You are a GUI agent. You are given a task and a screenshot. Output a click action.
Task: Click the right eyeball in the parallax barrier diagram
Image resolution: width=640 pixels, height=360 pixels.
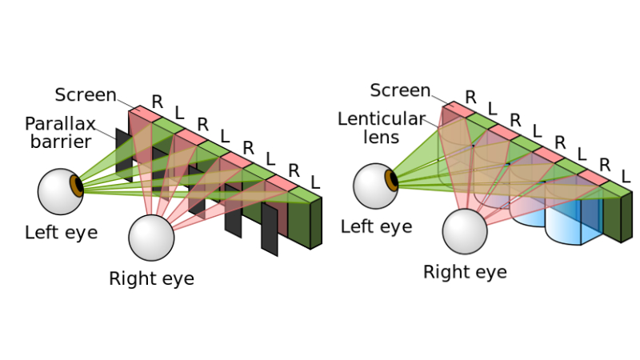pyautogui.click(x=151, y=237)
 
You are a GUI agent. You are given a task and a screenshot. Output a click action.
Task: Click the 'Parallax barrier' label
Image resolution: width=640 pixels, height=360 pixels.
pyautogui.click(x=59, y=133)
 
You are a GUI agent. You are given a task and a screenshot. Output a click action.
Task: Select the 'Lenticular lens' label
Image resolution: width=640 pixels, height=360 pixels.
pyautogui.click(x=381, y=128)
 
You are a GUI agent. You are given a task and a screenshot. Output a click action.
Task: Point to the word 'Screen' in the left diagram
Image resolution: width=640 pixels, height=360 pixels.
pyautogui.click(x=86, y=95)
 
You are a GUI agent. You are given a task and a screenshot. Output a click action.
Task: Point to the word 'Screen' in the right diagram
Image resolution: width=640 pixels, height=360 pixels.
pyautogui.click(x=401, y=90)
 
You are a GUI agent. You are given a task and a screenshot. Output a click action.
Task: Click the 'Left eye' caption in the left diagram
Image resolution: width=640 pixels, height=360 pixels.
pyautogui.click(x=61, y=233)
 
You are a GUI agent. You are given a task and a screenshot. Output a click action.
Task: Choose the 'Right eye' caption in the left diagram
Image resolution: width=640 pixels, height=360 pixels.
pyautogui.click(x=151, y=279)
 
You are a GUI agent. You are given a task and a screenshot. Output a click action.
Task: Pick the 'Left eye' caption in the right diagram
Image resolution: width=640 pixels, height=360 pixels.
pyautogui.click(x=376, y=226)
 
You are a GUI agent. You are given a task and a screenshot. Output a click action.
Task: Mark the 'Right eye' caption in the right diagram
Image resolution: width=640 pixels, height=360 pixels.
pyautogui.click(x=465, y=273)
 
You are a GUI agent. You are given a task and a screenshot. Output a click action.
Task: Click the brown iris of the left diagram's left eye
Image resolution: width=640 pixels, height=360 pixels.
pyautogui.click(x=78, y=185)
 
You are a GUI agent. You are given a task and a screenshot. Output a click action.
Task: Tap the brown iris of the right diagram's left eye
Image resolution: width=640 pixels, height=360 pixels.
pyautogui.click(x=392, y=178)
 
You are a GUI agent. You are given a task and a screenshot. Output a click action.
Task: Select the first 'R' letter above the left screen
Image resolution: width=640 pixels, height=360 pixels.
pyautogui.click(x=158, y=102)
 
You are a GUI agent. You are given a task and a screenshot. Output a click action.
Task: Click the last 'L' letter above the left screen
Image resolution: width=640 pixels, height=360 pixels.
pyautogui.click(x=315, y=182)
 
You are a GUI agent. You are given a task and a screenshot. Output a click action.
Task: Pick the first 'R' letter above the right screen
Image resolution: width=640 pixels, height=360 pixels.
pyautogui.click(x=470, y=97)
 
